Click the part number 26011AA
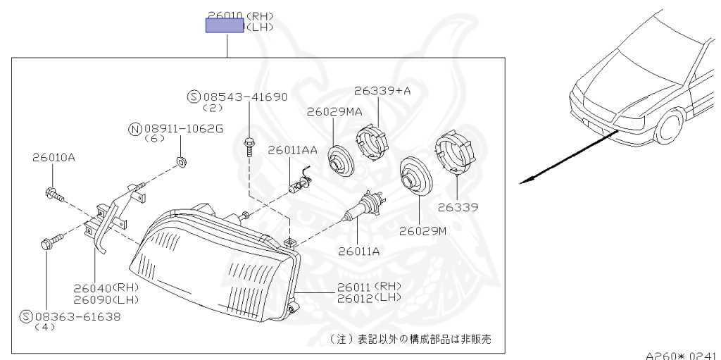point(292,150)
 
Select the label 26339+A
point(382,91)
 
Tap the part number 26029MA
point(335,111)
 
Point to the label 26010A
point(53,158)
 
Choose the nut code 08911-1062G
point(183,128)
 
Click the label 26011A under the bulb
point(358,249)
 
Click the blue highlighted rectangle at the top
point(225,26)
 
